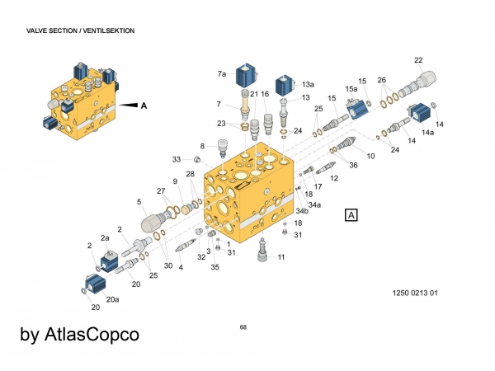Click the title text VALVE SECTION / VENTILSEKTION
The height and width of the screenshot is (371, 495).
(x=81, y=31)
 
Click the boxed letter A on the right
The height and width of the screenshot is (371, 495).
(x=351, y=215)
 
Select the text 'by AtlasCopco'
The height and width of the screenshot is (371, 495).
(x=79, y=335)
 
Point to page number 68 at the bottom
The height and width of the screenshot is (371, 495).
(x=243, y=328)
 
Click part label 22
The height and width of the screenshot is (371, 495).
(x=418, y=60)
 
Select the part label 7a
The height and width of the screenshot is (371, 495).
(x=222, y=74)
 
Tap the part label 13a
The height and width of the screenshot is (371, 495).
(x=308, y=84)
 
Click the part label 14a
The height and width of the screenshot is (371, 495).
(x=427, y=132)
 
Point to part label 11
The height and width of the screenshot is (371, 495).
(x=281, y=258)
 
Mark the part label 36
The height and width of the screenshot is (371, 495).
(x=353, y=165)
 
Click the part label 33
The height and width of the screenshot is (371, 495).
(x=176, y=159)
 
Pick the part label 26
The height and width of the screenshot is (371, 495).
(x=381, y=80)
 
